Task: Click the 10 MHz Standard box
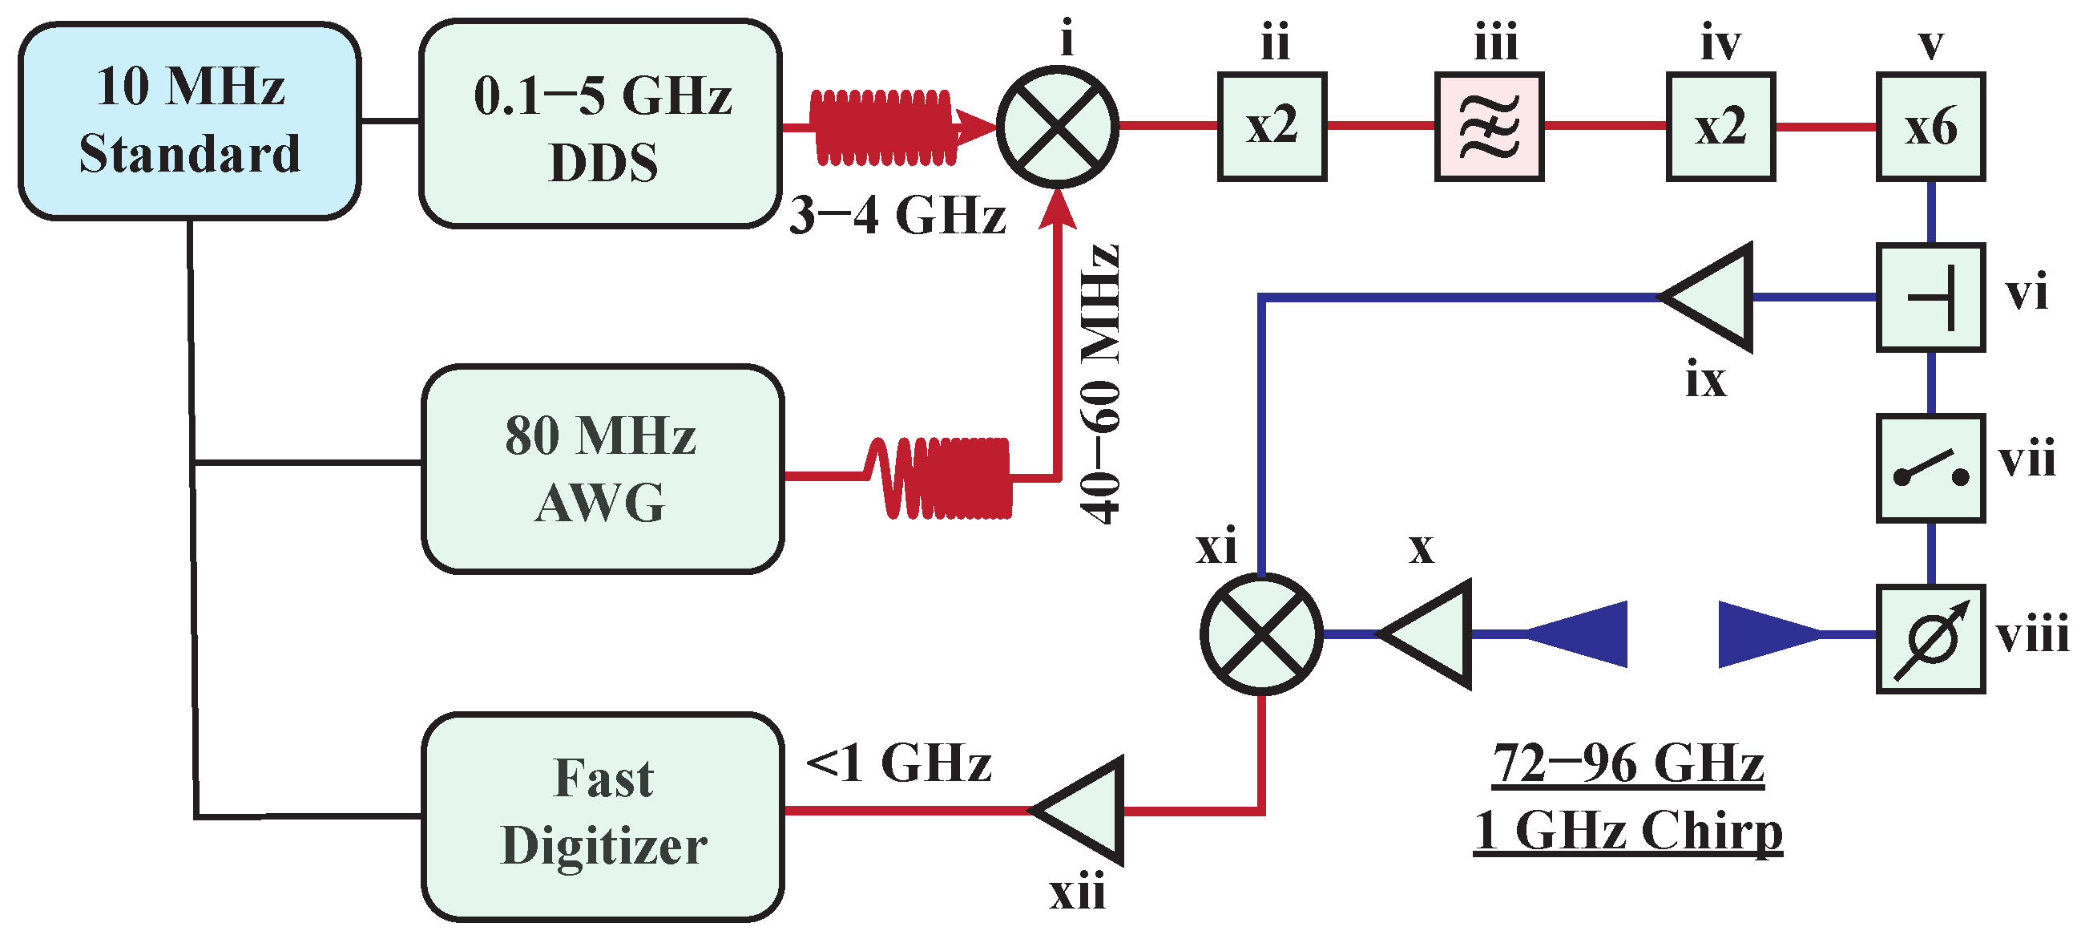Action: [x=190, y=121]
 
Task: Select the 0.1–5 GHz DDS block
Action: [x=601, y=125]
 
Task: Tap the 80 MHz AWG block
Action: [x=603, y=468]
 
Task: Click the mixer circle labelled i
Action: [x=1057, y=127]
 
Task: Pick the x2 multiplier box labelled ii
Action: [x=1272, y=127]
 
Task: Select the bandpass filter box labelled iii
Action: [x=1489, y=127]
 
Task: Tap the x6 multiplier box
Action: [x=1930, y=127]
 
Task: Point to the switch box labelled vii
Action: [x=1930, y=468]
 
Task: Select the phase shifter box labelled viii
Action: [x=1930, y=639]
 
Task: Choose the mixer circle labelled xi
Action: [x=1260, y=634]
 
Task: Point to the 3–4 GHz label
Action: [x=897, y=216]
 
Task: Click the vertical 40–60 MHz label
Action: [x=1100, y=384]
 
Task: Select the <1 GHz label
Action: [x=898, y=763]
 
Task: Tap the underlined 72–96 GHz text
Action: [x=1627, y=763]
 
